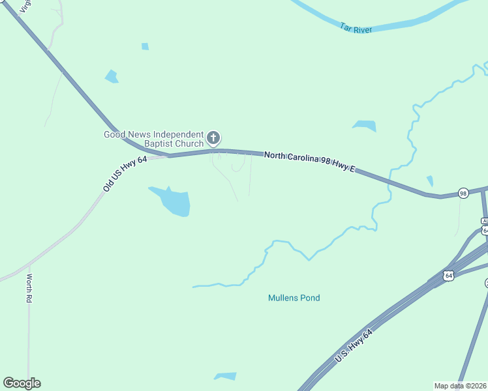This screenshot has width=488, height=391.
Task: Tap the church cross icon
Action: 213,138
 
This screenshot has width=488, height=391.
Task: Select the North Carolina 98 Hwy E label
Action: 309,162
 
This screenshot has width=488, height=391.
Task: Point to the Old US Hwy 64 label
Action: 125,174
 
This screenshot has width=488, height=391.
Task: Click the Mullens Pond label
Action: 294,298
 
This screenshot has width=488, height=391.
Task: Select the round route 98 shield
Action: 463,193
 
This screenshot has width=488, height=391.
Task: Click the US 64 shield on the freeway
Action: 448,276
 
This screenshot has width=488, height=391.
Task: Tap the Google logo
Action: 22,383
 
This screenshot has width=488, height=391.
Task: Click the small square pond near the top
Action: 145,46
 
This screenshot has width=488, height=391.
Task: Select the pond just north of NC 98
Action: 365,125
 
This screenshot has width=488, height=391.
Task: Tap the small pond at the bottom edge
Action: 225,376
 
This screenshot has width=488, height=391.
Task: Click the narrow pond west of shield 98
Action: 429,181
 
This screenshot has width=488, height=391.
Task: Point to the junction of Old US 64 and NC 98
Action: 168,156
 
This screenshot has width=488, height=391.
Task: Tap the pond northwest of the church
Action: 112,76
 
